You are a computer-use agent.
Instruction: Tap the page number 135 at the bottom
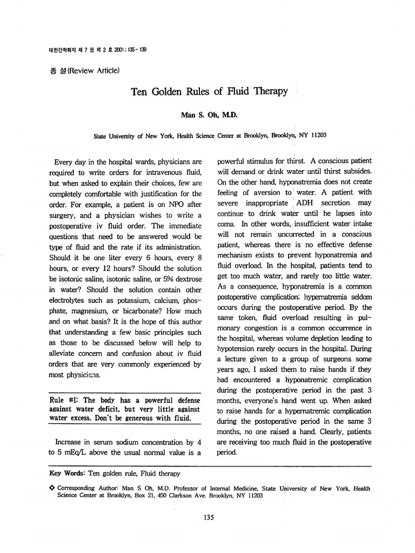click(x=207, y=518)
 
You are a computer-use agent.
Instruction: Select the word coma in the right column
click(x=225, y=224)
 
